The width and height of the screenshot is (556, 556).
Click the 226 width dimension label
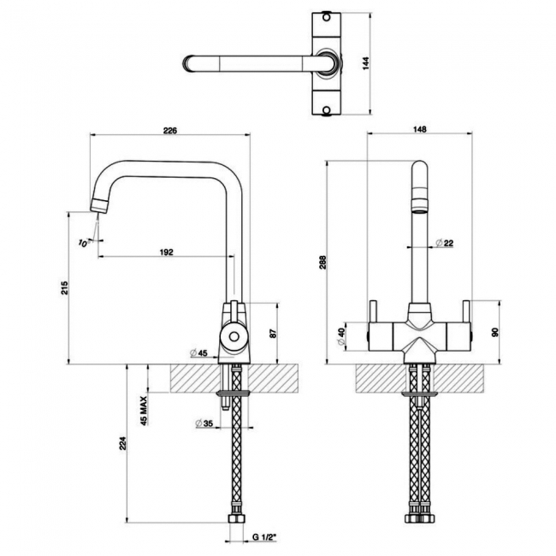169,131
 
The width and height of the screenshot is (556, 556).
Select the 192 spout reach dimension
166,251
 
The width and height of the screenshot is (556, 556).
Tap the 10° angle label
83,243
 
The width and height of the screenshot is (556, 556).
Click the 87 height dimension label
274,334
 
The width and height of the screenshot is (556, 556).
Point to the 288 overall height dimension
322,263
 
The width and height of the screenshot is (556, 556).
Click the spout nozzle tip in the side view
99,206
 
